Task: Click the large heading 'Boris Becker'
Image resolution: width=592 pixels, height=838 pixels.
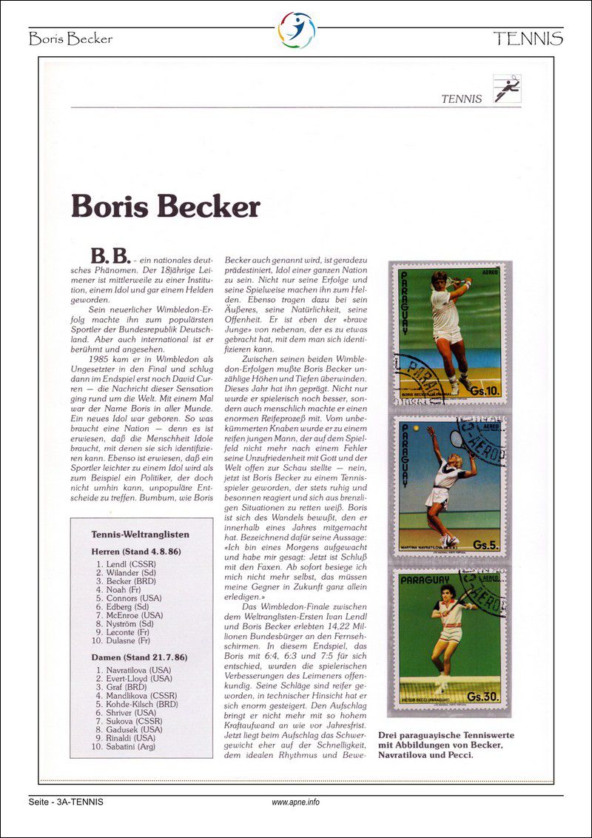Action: point(165,207)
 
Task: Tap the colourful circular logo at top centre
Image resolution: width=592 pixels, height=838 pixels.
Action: point(296,30)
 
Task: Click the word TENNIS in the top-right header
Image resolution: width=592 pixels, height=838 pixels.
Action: point(528,38)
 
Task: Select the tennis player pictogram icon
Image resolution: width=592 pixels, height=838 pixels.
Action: point(507,89)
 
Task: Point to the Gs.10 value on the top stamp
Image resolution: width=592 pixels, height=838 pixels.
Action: point(484,389)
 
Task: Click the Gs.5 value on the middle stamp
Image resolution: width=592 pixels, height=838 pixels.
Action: point(485,544)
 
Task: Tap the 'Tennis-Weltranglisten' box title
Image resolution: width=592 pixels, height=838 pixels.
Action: point(140,534)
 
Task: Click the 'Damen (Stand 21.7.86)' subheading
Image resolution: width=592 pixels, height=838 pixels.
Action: point(139,656)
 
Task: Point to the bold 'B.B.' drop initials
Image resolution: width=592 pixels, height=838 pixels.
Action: point(110,256)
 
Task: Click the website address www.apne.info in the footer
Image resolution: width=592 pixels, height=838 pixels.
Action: point(296,802)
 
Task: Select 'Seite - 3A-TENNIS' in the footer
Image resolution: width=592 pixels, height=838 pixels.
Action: point(66,802)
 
